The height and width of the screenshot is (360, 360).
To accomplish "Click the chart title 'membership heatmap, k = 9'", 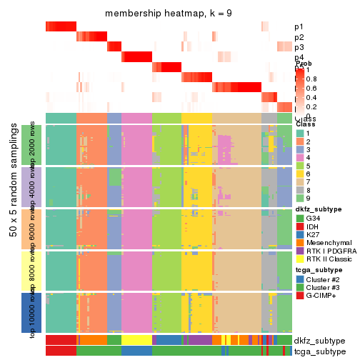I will pyautogui.click(x=169, y=14).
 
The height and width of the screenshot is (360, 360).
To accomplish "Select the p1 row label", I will pyautogui.click(x=299, y=27).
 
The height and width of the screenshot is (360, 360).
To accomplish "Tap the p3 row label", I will pyautogui.click(x=299, y=47).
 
